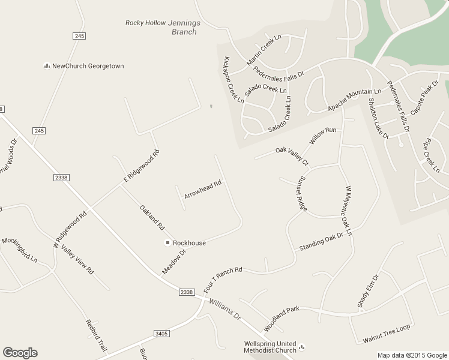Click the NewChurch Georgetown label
[88, 66]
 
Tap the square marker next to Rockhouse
[168, 243]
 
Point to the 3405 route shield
[161, 334]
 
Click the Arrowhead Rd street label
[203, 187]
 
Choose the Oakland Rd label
[152, 218]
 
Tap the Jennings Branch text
[184, 27]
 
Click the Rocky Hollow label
[145, 23]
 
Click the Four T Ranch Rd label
[223, 278]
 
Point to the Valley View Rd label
[77, 261]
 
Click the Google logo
[20, 353]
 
